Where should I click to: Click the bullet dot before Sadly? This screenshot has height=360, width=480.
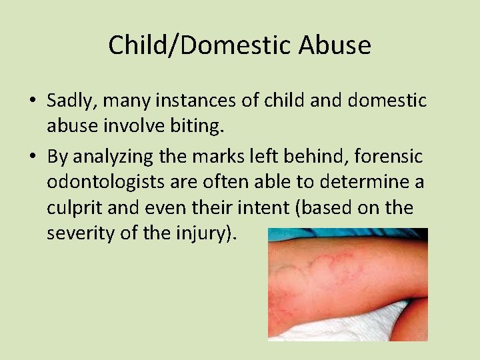[32, 101]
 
